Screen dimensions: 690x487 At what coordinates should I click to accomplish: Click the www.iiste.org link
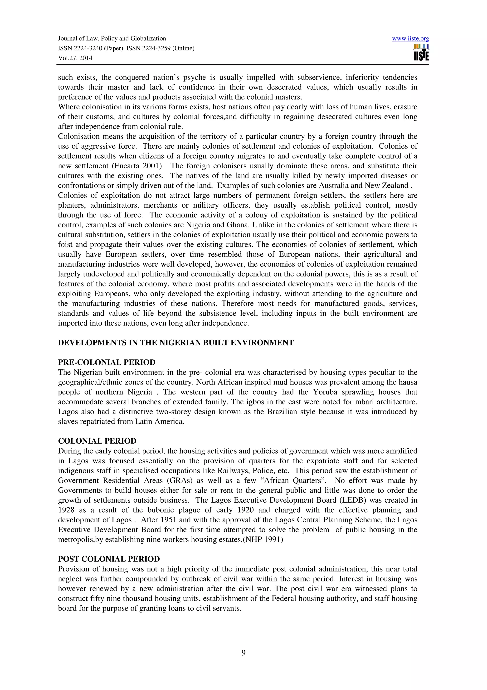pos(410,39)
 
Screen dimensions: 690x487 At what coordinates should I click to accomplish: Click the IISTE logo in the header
pos(421,53)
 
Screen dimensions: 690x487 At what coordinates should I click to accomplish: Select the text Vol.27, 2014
pos(75,58)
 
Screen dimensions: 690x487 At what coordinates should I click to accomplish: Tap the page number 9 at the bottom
pos(243,652)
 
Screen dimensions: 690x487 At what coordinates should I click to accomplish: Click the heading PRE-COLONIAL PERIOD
pos(107,362)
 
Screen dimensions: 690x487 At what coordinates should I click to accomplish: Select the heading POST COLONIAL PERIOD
pos(109,559)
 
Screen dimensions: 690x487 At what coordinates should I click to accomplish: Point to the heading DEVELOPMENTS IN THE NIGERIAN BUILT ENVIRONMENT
pos(175,343)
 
